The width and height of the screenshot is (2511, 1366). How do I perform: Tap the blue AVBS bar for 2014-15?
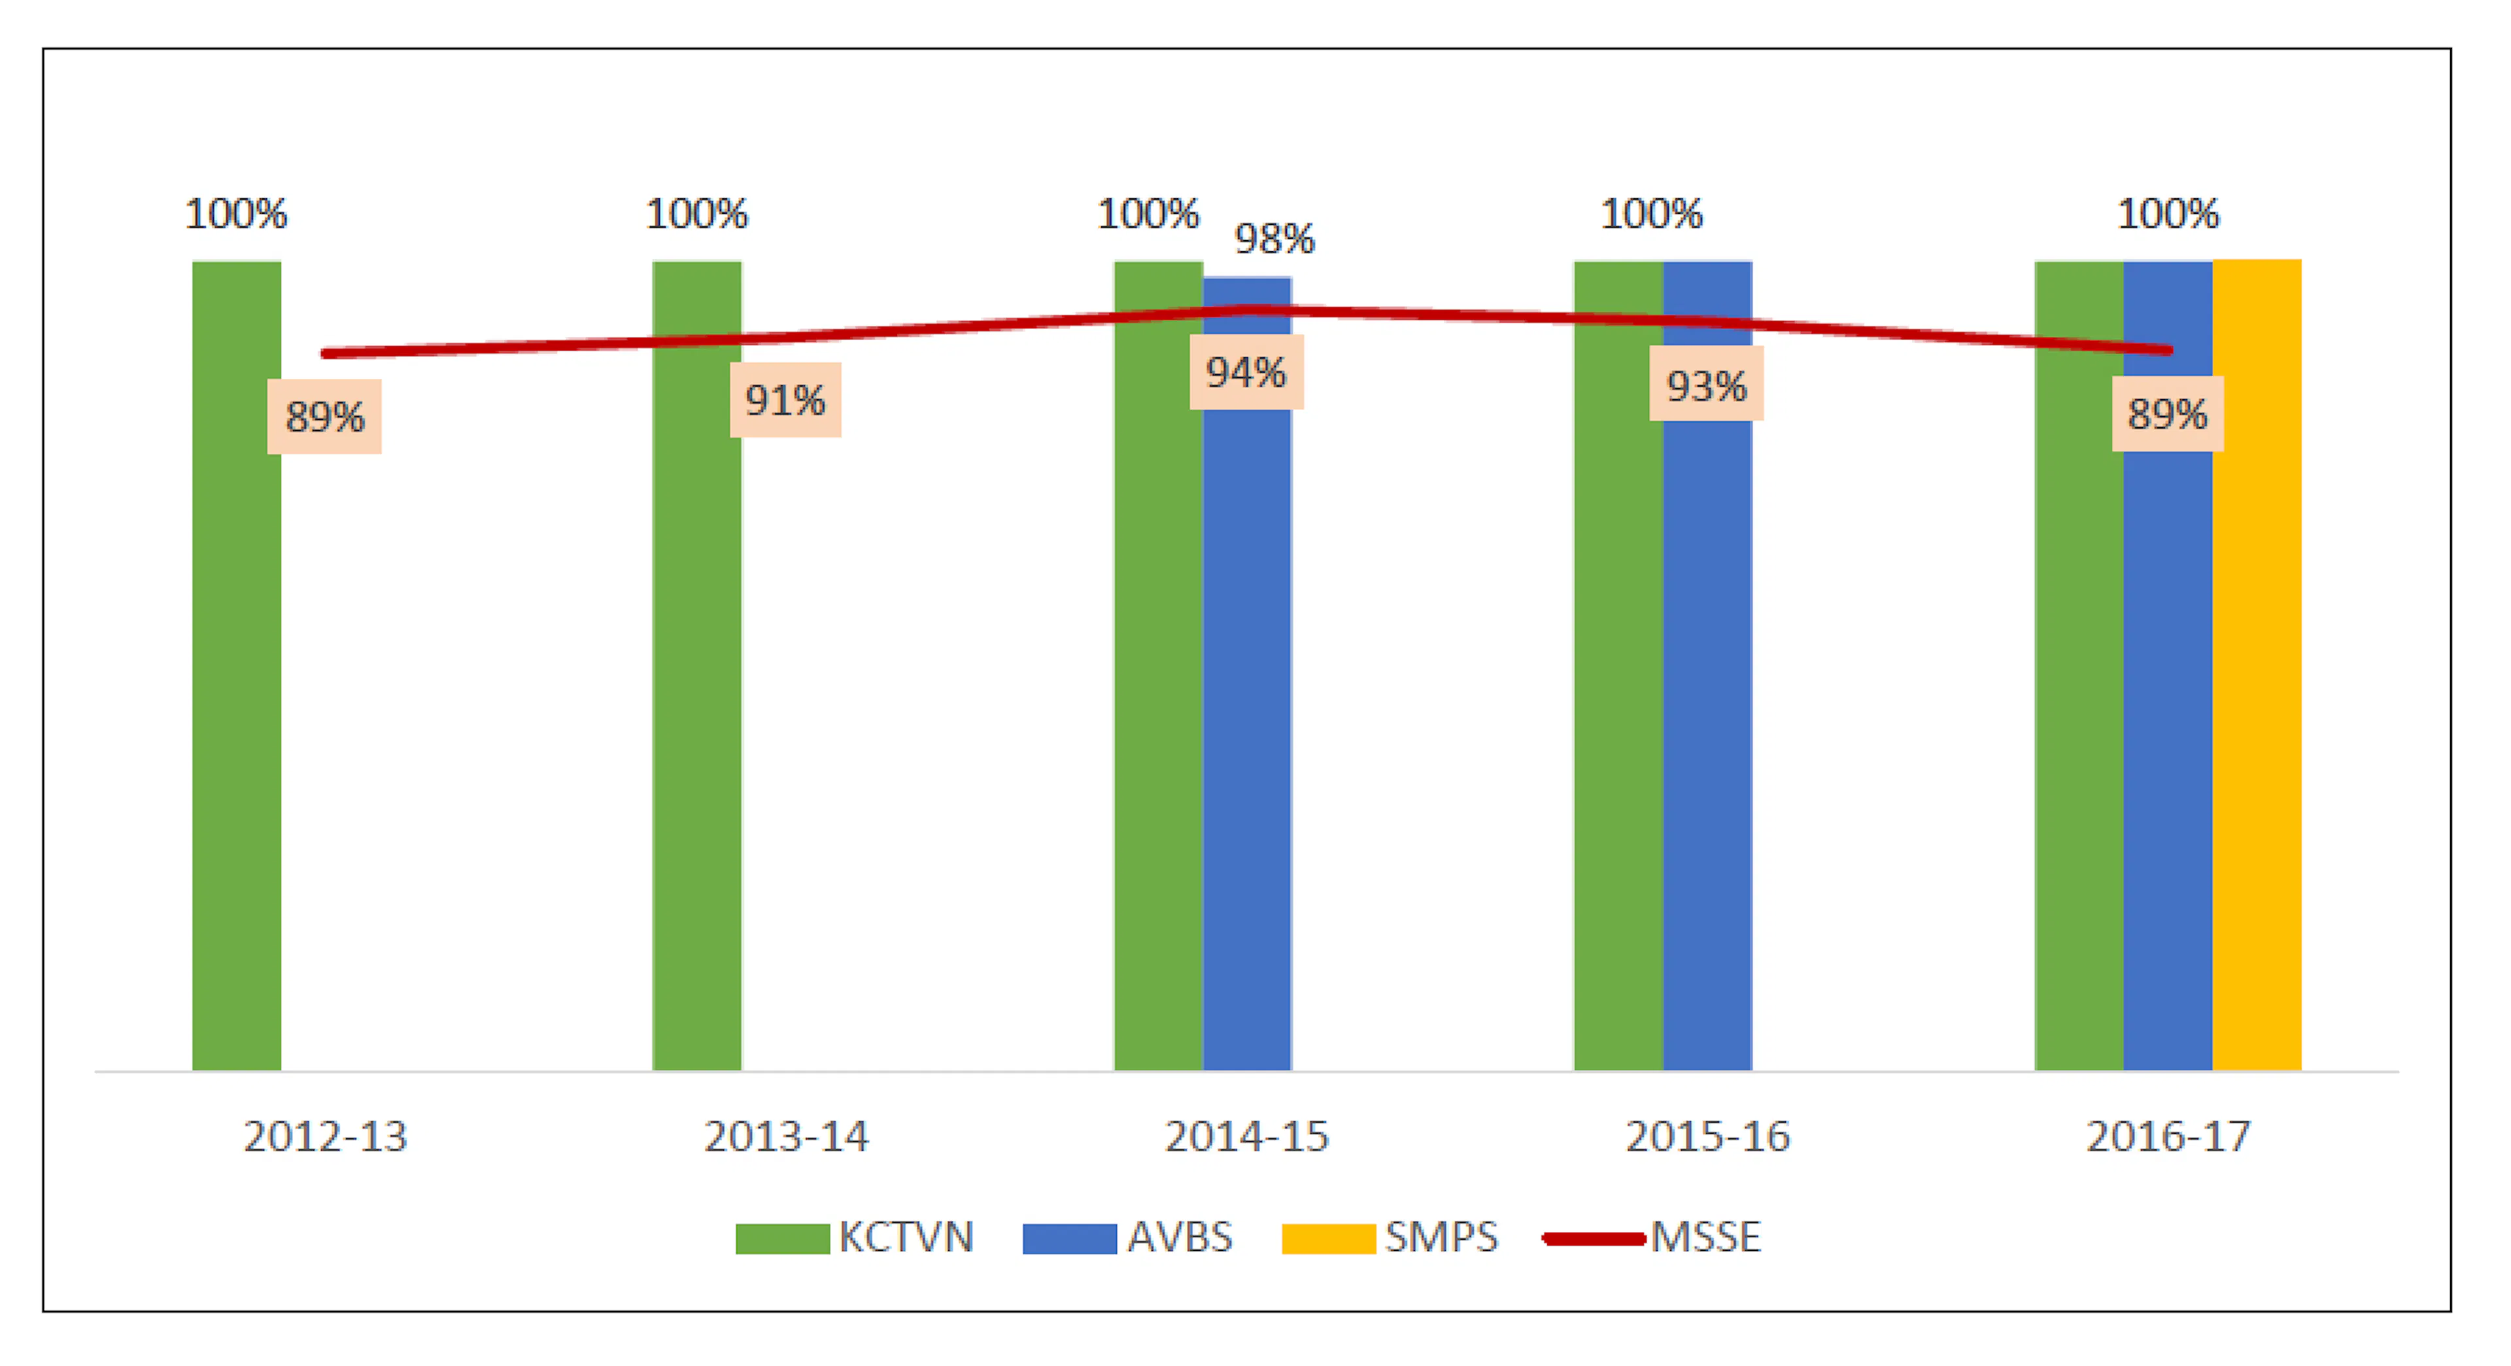[1247, 731]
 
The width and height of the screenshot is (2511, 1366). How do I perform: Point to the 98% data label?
[1274, 239]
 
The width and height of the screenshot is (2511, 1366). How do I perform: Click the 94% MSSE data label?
[1246, 372]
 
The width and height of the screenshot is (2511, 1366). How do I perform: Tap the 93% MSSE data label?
[1706, 386]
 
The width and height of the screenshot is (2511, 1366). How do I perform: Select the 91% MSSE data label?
[785, 400]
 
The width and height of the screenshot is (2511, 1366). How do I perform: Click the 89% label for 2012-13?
[324, 417]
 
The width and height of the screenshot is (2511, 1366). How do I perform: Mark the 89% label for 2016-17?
[2167, 414]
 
